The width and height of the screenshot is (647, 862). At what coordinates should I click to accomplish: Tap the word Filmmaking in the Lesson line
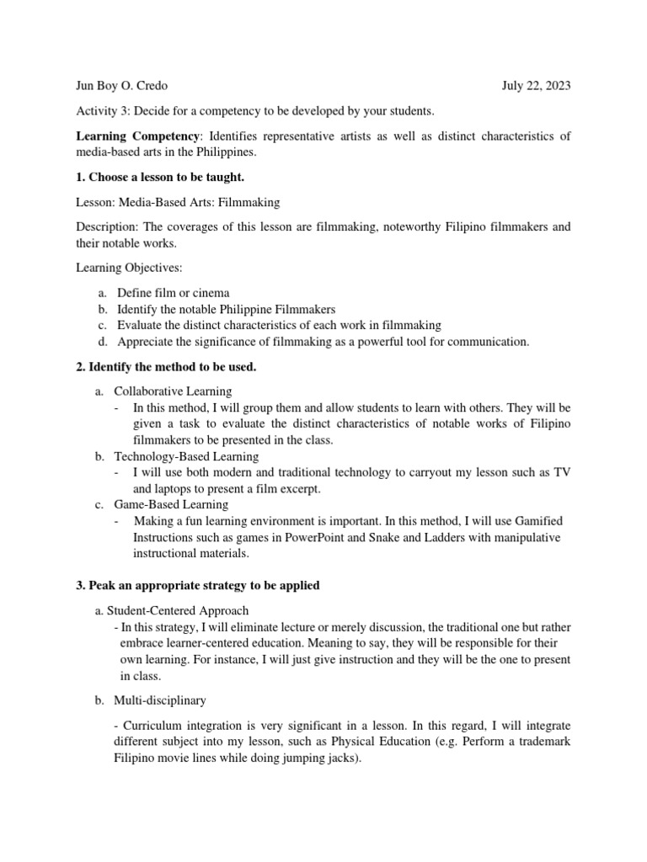[x=249, y=202]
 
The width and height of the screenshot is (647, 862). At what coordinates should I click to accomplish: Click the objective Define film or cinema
[x=173, y=293]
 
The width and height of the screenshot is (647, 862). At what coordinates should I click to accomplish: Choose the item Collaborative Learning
[x=173, y=391]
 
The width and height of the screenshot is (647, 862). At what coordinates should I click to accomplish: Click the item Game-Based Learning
[x=171, y=504]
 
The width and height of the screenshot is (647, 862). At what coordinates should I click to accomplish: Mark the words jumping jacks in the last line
[x=323, y=758]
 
